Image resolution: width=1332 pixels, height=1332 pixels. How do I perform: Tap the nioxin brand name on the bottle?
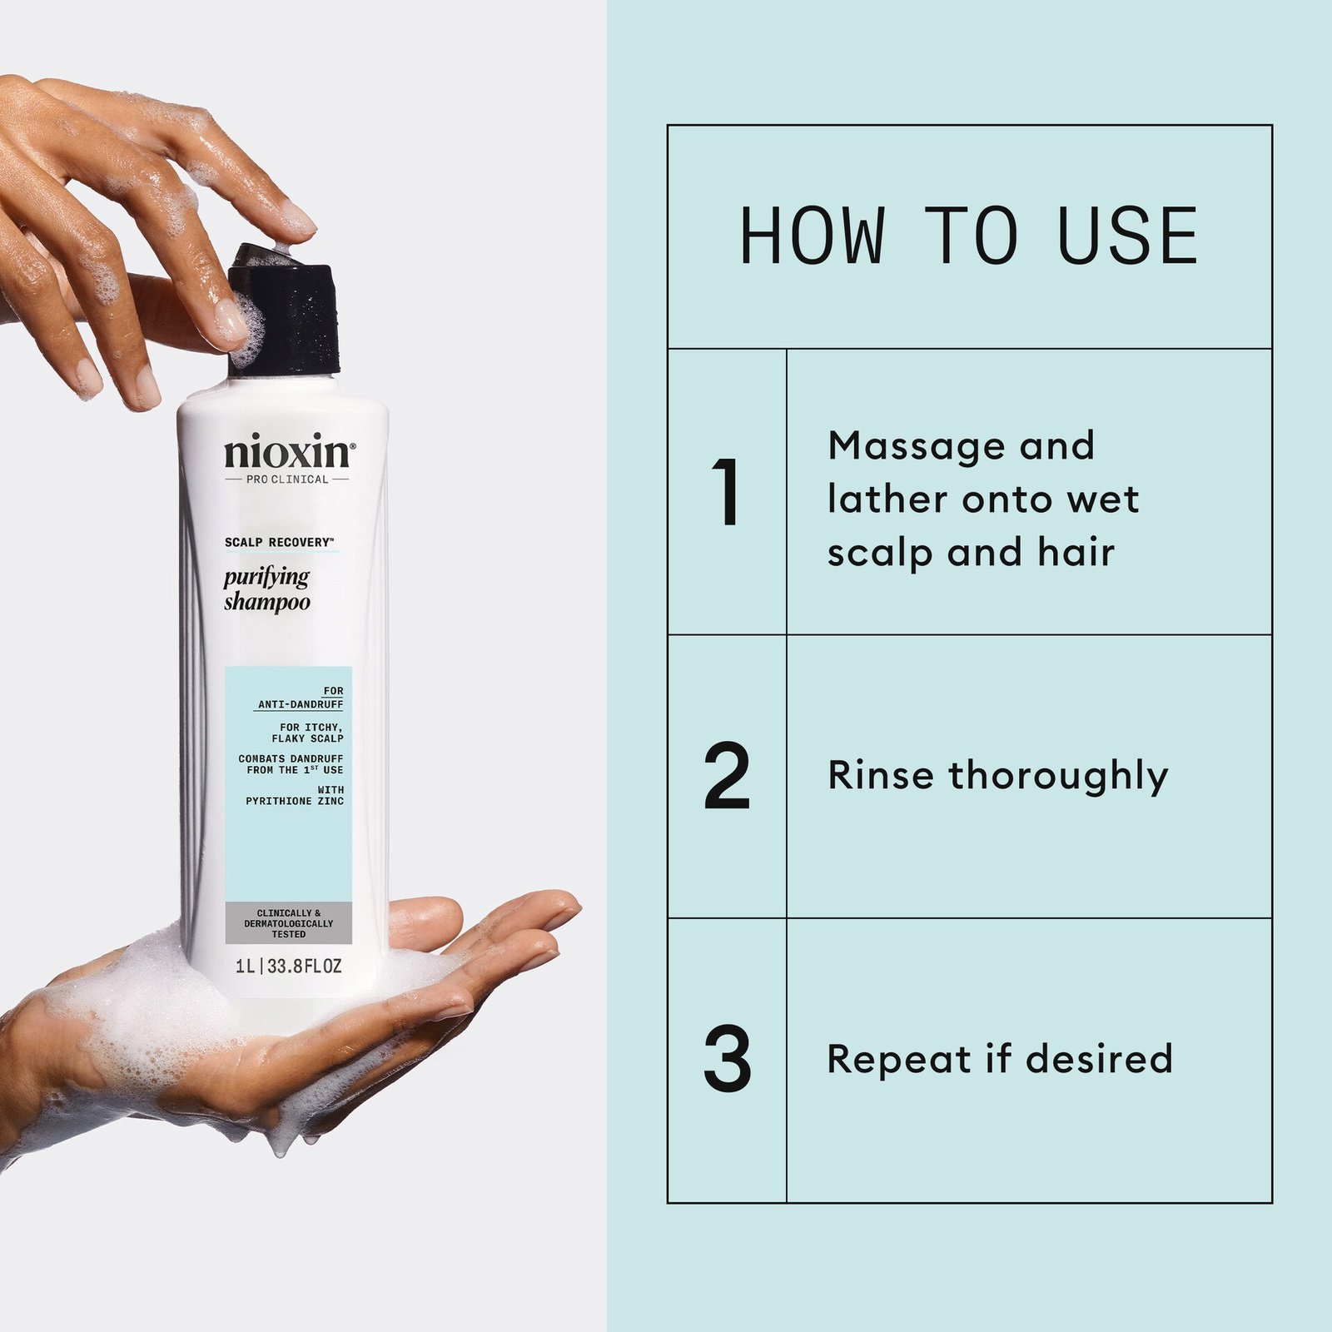pyautogui.click(x=288, y=453)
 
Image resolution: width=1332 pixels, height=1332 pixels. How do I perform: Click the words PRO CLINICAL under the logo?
pyautogui.click(x=287, y=480)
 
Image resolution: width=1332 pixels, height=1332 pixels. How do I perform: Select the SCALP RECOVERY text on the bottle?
pyautogui.click(x=278, y=543)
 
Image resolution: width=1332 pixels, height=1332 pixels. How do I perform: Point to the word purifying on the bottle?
pyautogui.click(x=266, y=577)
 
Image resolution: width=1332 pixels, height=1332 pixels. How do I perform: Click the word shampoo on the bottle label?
pyautogui.click(x=266, y=602)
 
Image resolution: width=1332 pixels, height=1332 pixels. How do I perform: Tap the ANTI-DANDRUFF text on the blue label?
pyautogui.click(x=301, y=704)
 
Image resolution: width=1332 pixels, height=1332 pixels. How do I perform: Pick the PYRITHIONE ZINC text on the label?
pyautogui.click(x=295, y=801)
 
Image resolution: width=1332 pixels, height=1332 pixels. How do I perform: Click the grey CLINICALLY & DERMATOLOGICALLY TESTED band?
pyautogui.click(x=288, y=923)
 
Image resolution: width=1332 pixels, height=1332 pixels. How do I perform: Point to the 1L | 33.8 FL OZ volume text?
pyautogui.click(x=288, y=967)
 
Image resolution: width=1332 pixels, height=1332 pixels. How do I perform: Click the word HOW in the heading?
pyautogui.click(x=812, y=236)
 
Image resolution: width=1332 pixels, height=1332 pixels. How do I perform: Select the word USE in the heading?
pyautogui.click(x=1128, y=236)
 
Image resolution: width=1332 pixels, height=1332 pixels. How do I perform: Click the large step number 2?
pyautogui.click(x=727, y=776)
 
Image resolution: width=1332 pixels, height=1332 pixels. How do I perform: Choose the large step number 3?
pyautogui.click(x=727, y=1060)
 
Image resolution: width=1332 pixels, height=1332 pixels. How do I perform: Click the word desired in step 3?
pyautogui.click(x=1099, y=1059)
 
